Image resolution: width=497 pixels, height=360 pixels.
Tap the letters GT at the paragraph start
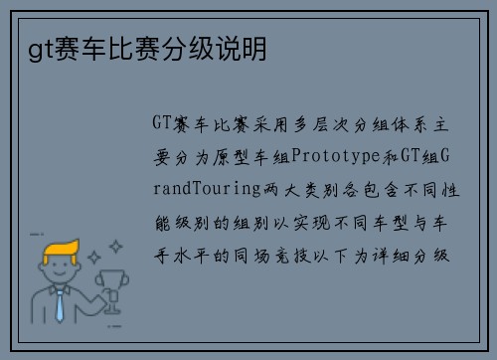tap(162, 124)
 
